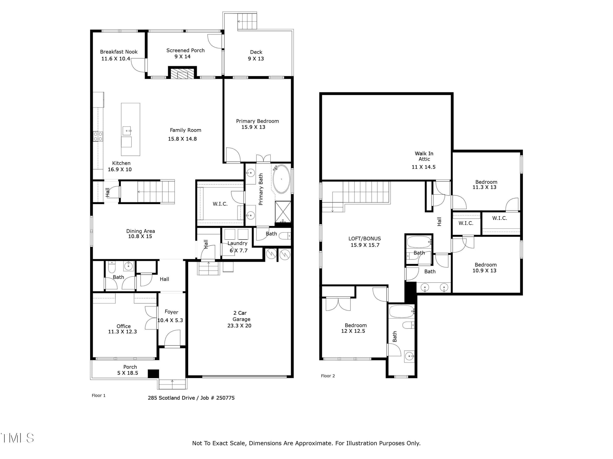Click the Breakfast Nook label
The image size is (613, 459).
(x=119, y=52)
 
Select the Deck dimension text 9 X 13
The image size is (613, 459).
(x=256, y=59)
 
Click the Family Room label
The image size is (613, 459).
(x=185, y=130)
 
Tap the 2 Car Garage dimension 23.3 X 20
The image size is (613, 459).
(x=239, y=326)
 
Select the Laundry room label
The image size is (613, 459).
(x=237, y=243)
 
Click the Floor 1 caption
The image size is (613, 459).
(x=98, y=396)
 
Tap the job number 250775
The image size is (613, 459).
(x=225, y=398)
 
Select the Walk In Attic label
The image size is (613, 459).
(x=424, y=156)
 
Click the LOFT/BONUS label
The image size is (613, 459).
(x=364, y=239)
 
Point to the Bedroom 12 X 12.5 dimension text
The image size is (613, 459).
(x=353, y=331)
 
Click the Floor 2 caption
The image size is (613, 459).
(x=328, y=376)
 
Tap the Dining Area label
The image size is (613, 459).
(x=141, y=231)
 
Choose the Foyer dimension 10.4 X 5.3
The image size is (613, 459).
(x=170, y=320)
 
